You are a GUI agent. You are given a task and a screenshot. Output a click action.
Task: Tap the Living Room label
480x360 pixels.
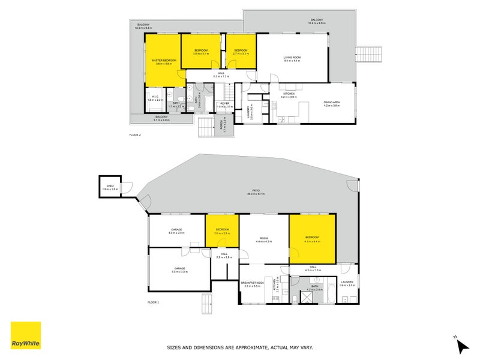tap(292, 58)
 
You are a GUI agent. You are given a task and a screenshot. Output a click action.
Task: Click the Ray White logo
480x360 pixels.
tap(26, 335)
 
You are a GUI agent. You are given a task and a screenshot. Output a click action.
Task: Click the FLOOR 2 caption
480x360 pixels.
tap(135, 135)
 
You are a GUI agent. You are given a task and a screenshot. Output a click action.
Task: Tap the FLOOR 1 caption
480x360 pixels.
tap(153, 302)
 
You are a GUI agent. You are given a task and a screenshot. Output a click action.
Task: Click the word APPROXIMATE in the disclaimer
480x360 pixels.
tap(242, 347)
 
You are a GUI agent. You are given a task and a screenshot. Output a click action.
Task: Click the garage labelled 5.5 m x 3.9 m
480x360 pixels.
tap(179, 270)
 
